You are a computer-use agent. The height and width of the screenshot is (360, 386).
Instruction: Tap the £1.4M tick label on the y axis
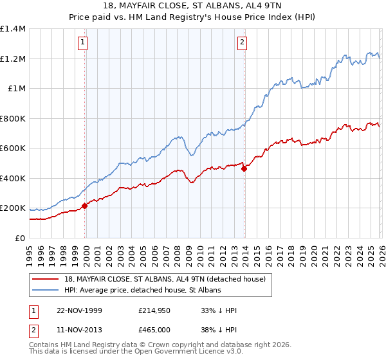13,29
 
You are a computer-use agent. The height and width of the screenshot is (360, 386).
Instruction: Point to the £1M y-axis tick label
16,89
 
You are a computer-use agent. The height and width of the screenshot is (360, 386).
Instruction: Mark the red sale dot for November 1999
85,206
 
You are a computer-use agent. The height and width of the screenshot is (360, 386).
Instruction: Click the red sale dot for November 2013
244,169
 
